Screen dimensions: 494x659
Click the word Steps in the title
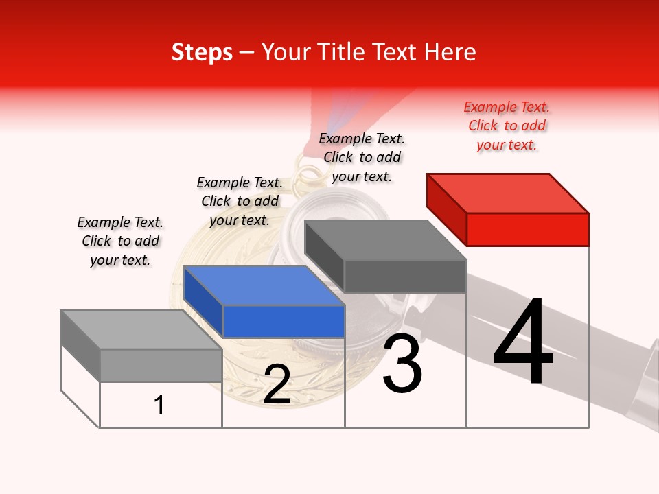[202, 52]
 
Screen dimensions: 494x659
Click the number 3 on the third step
[402, 364]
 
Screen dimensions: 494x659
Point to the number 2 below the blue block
[277, 385]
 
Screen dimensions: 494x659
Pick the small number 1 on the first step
[159, 405]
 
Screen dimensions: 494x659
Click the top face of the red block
[507, 193]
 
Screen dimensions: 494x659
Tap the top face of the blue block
[263, 285]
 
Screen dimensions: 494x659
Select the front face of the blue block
[284, 321]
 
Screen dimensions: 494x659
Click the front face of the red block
[527, 229]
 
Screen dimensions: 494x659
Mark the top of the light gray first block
[141, 329]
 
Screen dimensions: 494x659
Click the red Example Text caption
[507, 126]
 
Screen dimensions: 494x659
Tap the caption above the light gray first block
[120, 241]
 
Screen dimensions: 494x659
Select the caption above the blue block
[240, 201]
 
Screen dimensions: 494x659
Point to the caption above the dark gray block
[362, 157]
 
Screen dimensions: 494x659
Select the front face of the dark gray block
[405, 276]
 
